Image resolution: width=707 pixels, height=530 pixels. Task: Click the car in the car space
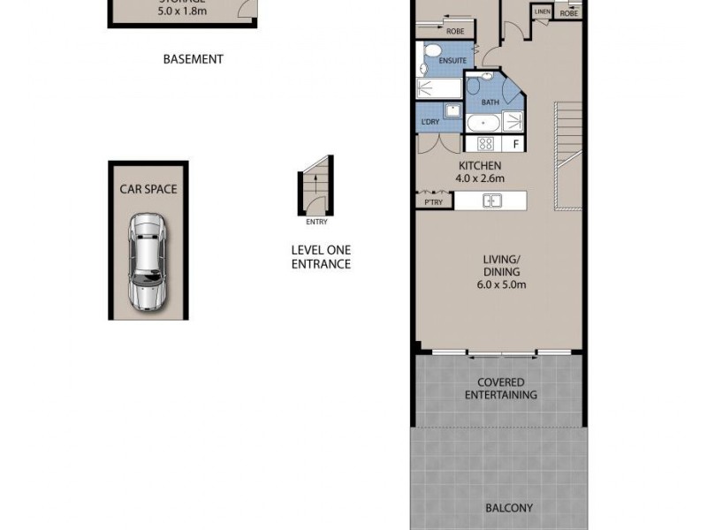[x=148, y=261]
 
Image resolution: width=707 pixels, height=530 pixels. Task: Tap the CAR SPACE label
[x=148, y=189]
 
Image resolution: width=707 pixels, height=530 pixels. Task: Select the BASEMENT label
[x=194, y=60]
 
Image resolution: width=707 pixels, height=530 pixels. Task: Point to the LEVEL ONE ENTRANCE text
[x=321, y=257]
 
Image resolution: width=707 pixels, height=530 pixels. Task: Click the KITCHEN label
[x=480, y=166]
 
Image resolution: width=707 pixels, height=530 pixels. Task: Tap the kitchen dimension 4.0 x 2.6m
[x=479, y=178]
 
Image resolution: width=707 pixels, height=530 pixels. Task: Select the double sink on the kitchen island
[x=492, y=201]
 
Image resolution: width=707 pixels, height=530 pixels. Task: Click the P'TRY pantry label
[x=433, y=202]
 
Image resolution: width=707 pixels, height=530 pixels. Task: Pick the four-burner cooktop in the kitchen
[x=485, y=144]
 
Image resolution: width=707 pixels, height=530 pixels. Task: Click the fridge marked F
[x=514, y=144]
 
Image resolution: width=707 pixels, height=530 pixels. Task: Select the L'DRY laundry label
[x=430, y=122]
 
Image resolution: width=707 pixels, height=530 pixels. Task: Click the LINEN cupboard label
[x=543, y=11]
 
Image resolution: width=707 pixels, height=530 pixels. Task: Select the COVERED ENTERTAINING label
[x=501, y=389]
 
